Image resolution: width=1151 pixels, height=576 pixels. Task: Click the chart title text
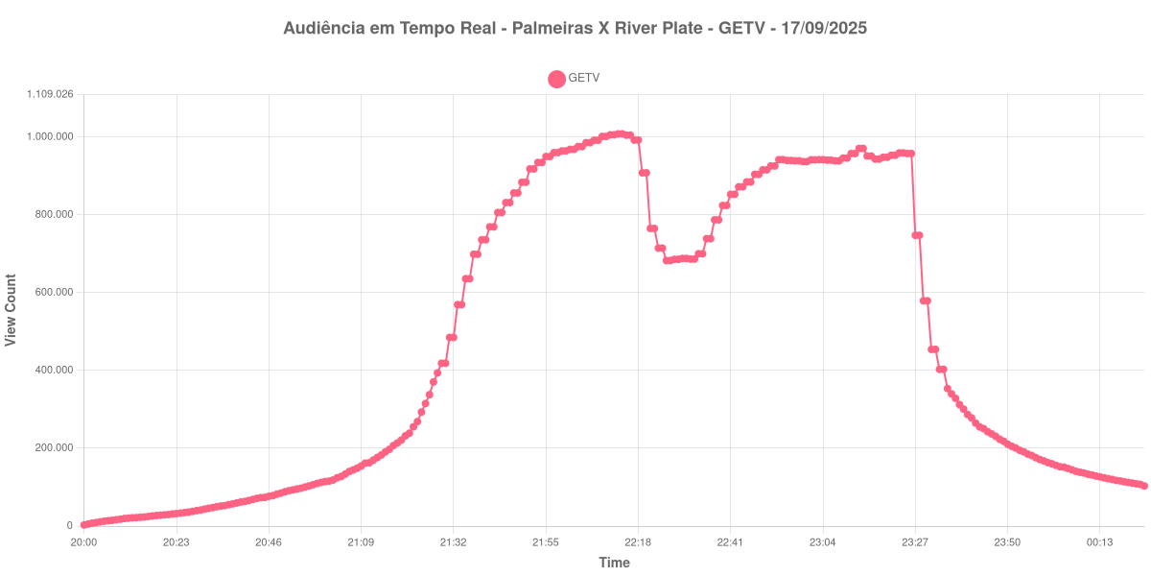coord(575,28)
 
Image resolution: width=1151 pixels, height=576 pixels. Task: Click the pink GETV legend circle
coord(556,79)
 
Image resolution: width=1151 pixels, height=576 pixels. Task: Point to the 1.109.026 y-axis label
coord(50,94)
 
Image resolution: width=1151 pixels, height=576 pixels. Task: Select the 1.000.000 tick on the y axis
coord(50,136)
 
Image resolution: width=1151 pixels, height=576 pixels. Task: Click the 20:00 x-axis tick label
coord(83,542)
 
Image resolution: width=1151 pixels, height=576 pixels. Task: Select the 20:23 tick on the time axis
coord(176,542)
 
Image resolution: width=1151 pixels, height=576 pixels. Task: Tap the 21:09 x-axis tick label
coord(361,542)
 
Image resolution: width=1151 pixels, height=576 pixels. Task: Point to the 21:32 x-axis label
coord(453,542)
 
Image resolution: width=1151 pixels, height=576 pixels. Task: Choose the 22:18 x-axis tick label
coord(638,542)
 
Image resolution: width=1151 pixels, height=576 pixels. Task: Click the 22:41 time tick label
coord(730,542)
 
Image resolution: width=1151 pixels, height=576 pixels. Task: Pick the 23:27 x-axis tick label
coord(914,542)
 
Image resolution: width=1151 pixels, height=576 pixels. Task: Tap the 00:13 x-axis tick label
coord(1099,542)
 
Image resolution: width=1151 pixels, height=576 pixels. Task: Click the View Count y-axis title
coord(12,310)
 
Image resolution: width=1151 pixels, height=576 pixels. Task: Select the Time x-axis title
coord(614,563)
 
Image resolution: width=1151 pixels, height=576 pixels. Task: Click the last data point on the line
coord(1144,486)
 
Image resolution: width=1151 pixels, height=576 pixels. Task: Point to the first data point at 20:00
coord(84,525)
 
